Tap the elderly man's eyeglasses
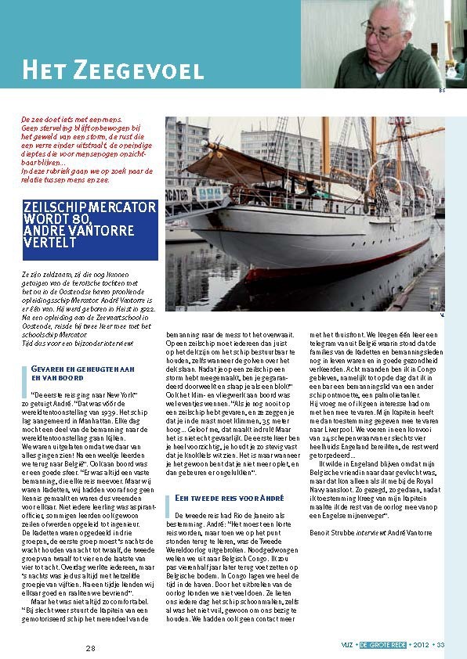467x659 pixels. (x=385, y=33)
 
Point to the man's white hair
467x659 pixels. (x=396, y=10)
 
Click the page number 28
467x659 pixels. (x=90, y=648)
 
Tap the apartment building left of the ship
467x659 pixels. (x=186, y=149)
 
